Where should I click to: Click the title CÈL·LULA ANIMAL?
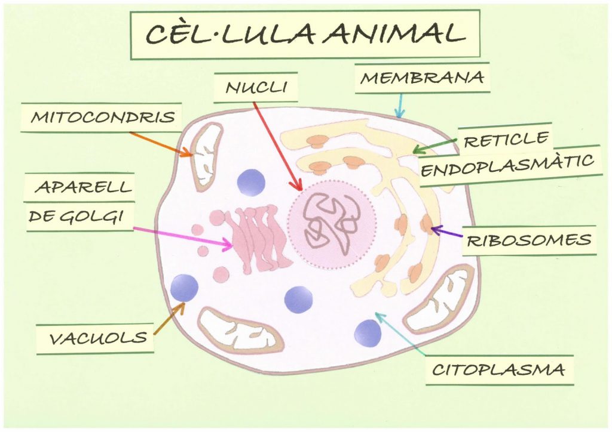coord(305,34)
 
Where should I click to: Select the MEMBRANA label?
coord(422,78)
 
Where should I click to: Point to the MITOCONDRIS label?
coord(102,116)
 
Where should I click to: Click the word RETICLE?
coord(506,140)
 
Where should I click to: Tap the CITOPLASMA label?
coord(498,369)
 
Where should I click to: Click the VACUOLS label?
coord(97,338)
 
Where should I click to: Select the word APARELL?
coord(83,187)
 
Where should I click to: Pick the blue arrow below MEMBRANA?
coord(400,105)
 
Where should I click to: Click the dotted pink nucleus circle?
coord(331,226)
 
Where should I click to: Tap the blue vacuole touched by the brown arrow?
coord(184,288)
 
